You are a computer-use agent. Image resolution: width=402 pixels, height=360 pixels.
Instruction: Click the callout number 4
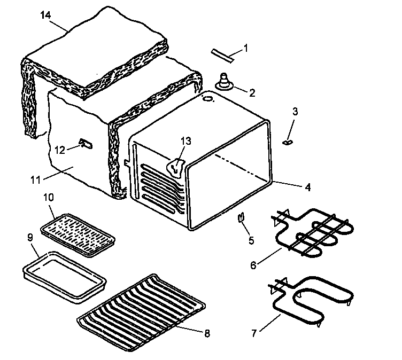[308, 187]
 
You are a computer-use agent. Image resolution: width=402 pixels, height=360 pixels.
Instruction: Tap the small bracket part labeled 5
[241, 217]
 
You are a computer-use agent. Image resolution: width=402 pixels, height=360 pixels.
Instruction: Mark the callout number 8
[207, 333]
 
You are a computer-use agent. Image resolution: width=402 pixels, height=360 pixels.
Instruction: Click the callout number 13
[185, 140]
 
